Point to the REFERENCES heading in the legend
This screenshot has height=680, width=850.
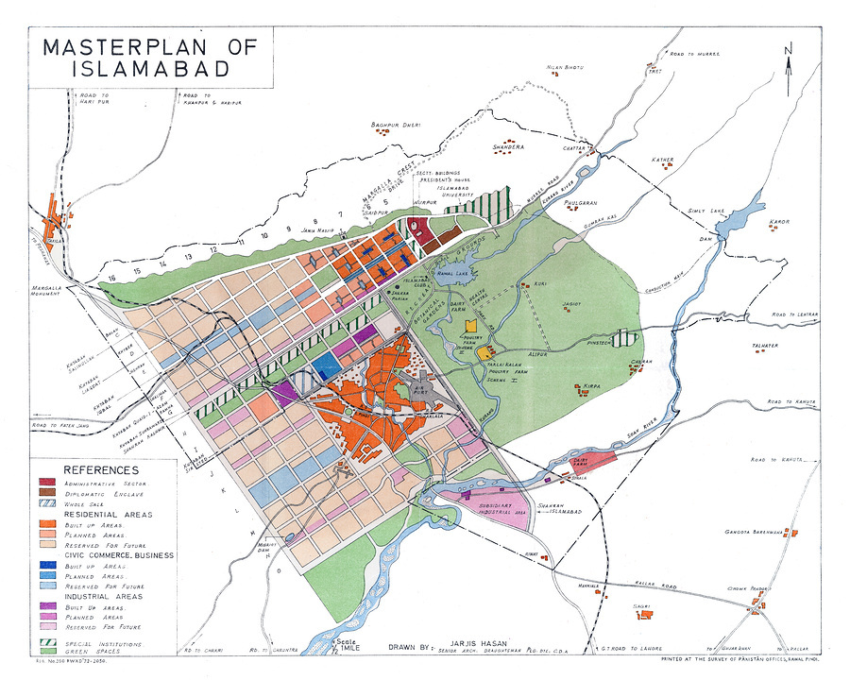(100, 469)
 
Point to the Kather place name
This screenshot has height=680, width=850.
(661, 160)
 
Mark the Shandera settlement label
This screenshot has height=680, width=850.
(508, 148)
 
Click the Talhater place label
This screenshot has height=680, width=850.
(764, 346)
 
